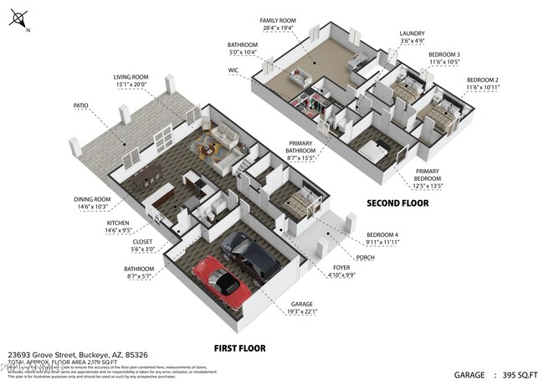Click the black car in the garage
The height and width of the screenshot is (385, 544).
(x=252, y=256)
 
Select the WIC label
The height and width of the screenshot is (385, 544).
(x=234, y=70)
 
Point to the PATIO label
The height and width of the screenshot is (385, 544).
(x=80, y=105)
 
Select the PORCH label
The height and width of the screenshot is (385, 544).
(x=365, y=257)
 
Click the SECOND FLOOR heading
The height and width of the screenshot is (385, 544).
(x=398, y=203)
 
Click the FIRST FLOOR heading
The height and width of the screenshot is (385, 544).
(x=239, y=347)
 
